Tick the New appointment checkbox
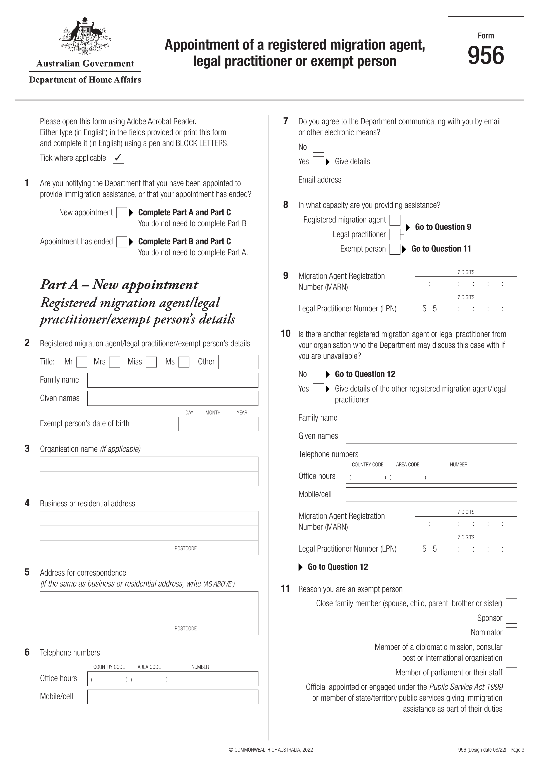[x=122, y=213]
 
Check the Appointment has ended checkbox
[x=122, y=242]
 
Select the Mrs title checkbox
[x=115, y=362]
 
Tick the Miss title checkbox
[x=151, y=362]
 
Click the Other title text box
[x=238, y=362]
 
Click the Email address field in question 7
[x=431, y=180]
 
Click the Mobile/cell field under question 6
[x=173, y=697]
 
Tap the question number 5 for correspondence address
[x=27, y=573]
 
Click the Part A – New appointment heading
[x=119, y=285]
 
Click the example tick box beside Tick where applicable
[x=118, y=158]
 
